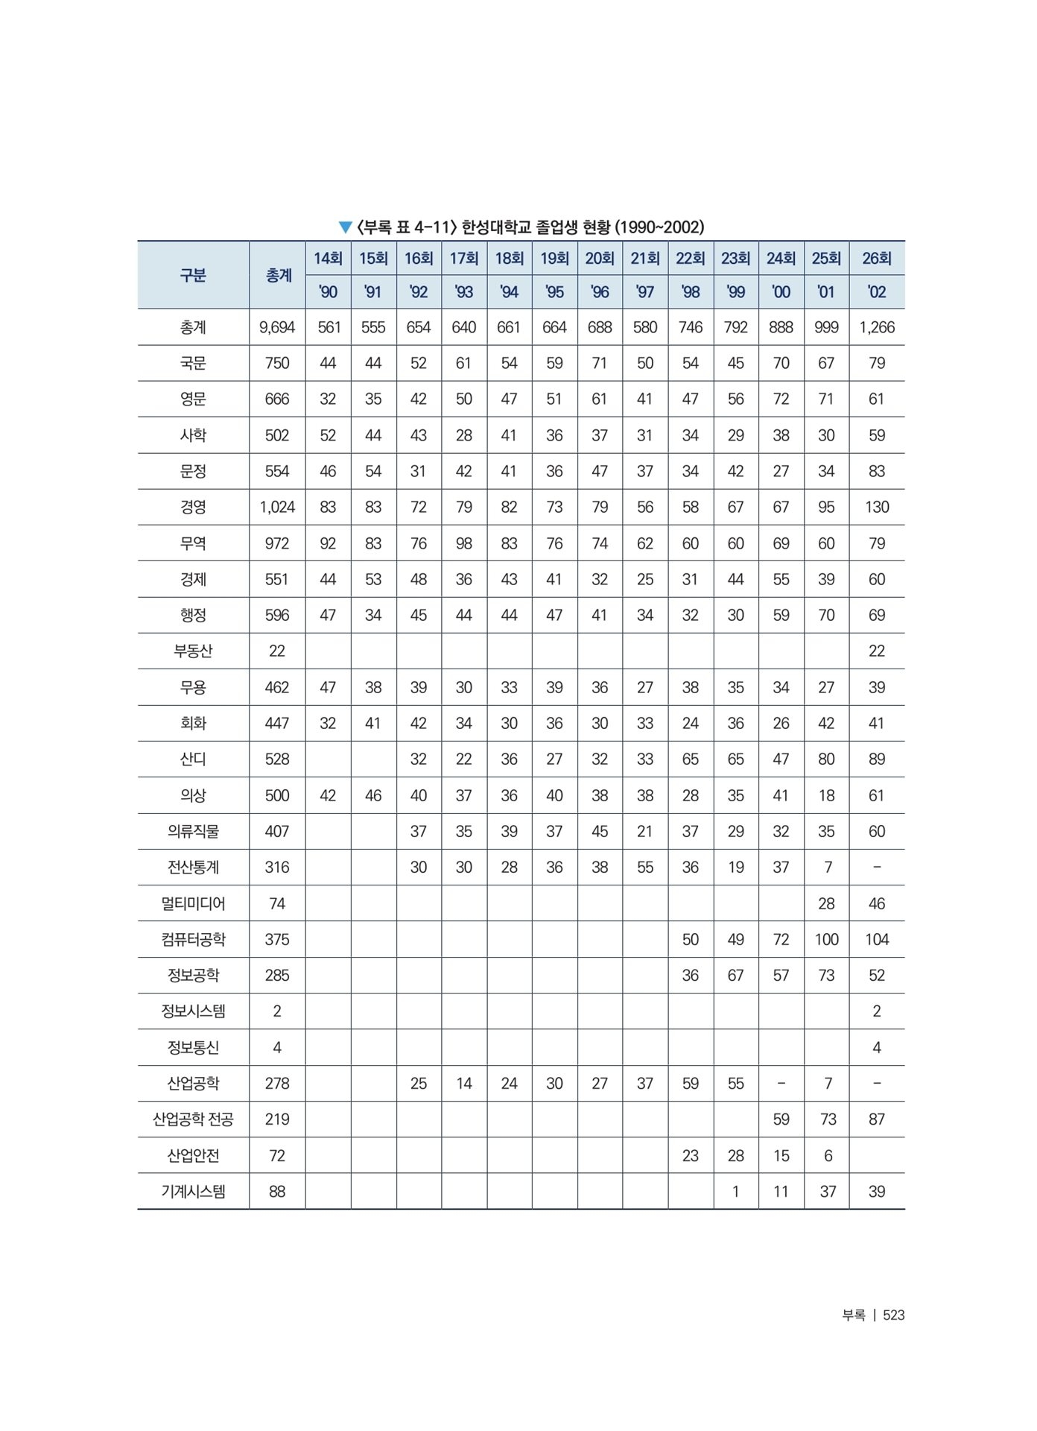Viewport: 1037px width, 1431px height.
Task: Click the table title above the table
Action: pyautogui.click(x=521, y=227)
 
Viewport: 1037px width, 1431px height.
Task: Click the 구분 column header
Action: pyautogui.click(x=193, y=275)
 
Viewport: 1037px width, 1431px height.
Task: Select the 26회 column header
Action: pyautogui.click(x=877, y=259)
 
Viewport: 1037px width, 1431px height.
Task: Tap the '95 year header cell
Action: pyautogui.click(x=554, y=292)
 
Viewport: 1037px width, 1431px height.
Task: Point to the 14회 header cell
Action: pyautogui.click(x=328, y=259)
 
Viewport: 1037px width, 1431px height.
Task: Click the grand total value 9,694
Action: pyautogui.click(x=277, y=327)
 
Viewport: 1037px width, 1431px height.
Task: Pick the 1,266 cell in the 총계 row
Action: pyautogui.click(x=877, y=327)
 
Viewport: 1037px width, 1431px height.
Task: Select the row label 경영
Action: pyautogui.click(x=193, y=508)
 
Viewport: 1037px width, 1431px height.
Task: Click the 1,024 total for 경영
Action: pyautogui.click(x=277, y=508)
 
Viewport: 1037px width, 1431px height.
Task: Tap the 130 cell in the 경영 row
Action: pyautogui.click(x=877, y=508)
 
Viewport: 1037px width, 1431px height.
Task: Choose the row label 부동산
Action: pyautogui.click(x=193, y=651)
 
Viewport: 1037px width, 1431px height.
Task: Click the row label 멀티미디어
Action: pyautogui.click(x=193, y=904)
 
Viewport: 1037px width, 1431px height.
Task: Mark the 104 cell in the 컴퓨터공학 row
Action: pyautogui.click(x=877, y=940)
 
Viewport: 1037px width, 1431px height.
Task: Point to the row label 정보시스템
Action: pyautogui.click(x=193, y=1011)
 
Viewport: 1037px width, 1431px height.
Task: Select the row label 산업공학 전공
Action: pyautogui.click(x=193, y=1119)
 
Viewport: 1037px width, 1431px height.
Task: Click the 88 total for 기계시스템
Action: pyautogui.click(x=277, y=1192)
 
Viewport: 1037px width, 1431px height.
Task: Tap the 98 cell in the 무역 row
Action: pyautogui.click(x=464, y=543)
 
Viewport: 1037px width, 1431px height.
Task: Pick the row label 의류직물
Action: pyautogui.click(x=193, y=832)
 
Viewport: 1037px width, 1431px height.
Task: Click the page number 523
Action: pyautogui.click(x=893, y=1315)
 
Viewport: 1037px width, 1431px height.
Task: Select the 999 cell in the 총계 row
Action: pyautogui.click(x=826, y=327)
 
